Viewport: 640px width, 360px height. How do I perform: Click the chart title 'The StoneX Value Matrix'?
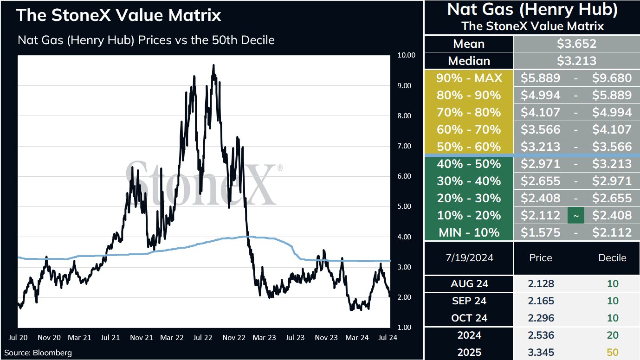pyautogui.click(x=118, y=15)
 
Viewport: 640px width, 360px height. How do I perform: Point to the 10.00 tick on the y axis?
pyautogui.click(x=407, y=55)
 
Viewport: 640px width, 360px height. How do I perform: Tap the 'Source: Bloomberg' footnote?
pyautogui.click(x=38, y=353)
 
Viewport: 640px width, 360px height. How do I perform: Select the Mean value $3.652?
pyautogui.click(x=576, y=44)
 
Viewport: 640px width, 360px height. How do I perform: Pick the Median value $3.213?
pyautogui.click(x=576, y=61)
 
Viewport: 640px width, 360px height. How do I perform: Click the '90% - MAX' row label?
pyautogui.click(x=469, y=78)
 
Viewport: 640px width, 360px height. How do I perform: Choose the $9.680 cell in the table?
pyautogui.click(x=612, y=78)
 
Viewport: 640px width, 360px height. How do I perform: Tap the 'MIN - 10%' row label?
pyautogui.click(x=469, y=232)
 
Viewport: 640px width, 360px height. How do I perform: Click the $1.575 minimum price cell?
pyautogui.click(x=540, y=232)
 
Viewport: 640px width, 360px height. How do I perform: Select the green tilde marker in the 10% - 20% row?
pyautogui.click(x=576, y=216)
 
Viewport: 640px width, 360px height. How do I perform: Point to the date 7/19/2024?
pyautogui.click(x=469, y=258)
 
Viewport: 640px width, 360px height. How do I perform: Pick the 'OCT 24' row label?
pyautogui.click(x=469, y=318)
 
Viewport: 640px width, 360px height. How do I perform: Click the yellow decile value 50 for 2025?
pyautogui.click(x=613, y=352)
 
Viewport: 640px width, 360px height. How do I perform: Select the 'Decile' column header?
pyautogui.click(x=612, y=258)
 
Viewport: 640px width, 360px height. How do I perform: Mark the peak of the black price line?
pyautogui.click(x=213, y=65)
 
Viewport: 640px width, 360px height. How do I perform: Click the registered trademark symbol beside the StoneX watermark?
pyautogui.click(x=280, y=167)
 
